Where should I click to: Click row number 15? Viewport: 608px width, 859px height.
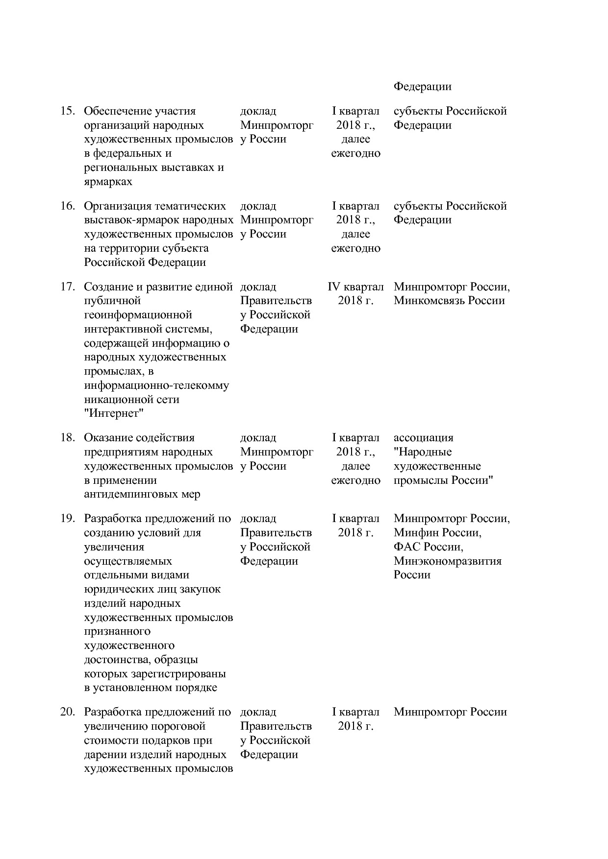coord(67,111)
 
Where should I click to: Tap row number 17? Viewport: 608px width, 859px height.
coord(67,286)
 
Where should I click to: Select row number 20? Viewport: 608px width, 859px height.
coord(67,712)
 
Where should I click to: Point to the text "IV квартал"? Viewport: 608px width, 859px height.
coord(355,286)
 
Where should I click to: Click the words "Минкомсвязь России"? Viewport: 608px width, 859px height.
coord(449,301)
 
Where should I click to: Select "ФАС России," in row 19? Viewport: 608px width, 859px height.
coord(428,547)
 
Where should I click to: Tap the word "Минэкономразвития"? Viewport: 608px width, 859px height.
coord(447,561)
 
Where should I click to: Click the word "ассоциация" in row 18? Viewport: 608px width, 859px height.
coord(423,438)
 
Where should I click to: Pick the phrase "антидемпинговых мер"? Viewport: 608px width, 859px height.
coord(142,494)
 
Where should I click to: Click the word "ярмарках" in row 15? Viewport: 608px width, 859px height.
coord(108,182)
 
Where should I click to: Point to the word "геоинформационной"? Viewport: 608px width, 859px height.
coord(138,315)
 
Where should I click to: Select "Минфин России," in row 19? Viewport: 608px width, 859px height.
coord(437,532)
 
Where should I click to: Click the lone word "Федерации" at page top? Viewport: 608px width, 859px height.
coord(422,87)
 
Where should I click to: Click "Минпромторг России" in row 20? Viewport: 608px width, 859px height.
coord(450,712)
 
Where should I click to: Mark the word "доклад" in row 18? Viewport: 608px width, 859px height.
coord(258,438)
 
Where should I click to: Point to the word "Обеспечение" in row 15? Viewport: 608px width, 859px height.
coord(115,111)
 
